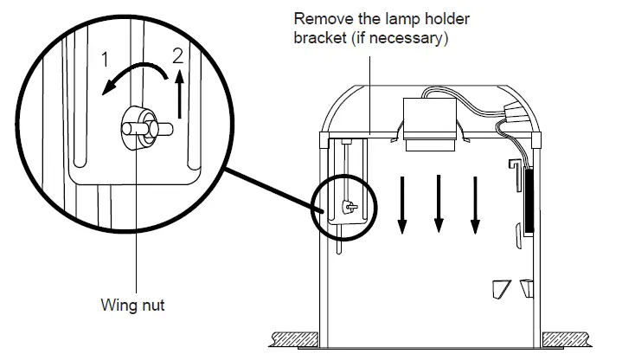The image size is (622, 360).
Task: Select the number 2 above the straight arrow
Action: coord(178,58)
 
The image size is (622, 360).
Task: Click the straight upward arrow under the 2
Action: coord(179,95)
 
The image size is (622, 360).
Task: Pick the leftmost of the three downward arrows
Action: coord(401,204)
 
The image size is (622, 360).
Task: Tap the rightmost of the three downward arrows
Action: coord(475,204)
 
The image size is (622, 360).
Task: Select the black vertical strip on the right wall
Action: coord(527,200)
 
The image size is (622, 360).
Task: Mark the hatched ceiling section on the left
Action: coord(293,336)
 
